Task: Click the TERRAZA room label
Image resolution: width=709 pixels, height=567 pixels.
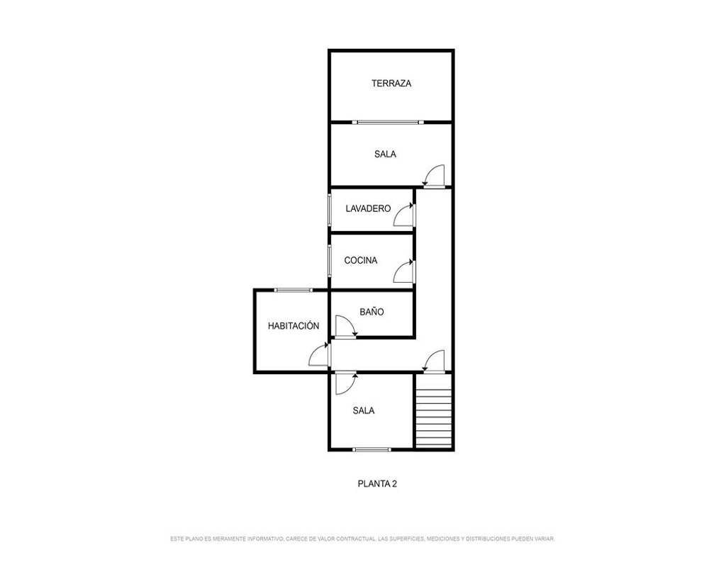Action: pos(391,83)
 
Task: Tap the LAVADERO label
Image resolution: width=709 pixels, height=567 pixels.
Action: pos(367,208)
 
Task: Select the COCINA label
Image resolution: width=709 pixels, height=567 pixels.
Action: pos(360,260)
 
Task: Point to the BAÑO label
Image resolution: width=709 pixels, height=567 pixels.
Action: pos(372,312)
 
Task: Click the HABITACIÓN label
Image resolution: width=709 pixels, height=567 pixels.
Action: pos(294,325)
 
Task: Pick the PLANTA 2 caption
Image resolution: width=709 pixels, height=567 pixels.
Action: pos(377,484)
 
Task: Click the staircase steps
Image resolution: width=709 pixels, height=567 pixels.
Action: pos(434,411)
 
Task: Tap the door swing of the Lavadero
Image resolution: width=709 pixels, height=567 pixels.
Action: pos(404,215)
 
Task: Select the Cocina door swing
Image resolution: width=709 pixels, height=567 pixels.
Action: pos(404,271)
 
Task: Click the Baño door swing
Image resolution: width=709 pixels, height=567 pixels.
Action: pos(346,326)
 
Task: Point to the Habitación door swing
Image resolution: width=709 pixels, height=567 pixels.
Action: pos(319,354)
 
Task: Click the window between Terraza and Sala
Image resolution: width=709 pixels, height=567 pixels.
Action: pos(388,122)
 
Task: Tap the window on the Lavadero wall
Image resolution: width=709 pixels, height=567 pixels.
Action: pos(330,209)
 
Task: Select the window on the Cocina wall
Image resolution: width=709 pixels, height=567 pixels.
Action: pos(330,259)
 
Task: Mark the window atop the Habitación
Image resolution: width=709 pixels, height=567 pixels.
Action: pos(293,290)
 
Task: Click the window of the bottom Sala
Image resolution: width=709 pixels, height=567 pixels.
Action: pos(372,449)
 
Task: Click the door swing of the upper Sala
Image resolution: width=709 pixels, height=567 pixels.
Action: pos(434,176)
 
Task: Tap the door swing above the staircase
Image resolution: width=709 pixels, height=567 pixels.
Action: pos(434,361)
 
